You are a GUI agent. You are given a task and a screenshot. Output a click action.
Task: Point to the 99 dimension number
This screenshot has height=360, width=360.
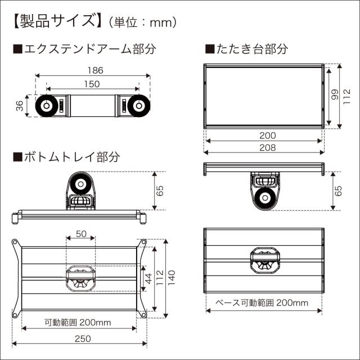click(334, 96)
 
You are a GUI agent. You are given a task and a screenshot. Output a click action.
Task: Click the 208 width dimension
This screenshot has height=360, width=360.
click(268, 148)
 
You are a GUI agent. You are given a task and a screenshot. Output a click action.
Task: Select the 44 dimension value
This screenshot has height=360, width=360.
click(148, 278)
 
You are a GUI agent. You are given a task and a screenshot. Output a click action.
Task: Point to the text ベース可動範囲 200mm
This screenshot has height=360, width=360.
click(263, 303)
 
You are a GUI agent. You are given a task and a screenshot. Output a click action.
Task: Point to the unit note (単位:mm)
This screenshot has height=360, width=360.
click(145, 22)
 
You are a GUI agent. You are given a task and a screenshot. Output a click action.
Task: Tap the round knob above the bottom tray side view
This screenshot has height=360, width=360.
click(80, 183)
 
